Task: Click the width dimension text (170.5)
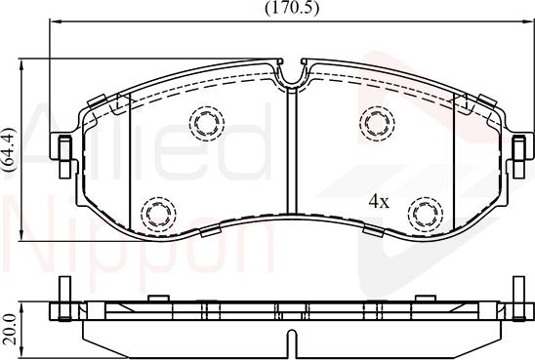(290, 8)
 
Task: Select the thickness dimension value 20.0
(10, 321)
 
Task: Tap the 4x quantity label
(379, 202)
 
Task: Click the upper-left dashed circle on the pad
(206, 122)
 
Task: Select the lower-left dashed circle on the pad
(156, 212)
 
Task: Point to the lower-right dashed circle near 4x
(423, 212)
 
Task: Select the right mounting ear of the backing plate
(517, 154)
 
